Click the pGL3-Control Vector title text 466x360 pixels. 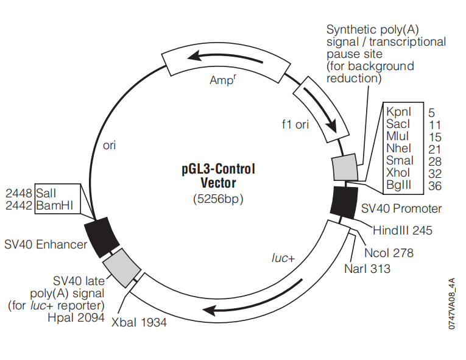click(219, 175)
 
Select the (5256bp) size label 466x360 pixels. click(218, 199)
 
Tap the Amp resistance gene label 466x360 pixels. click(223, 79)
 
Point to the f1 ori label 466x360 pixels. click(295, 124)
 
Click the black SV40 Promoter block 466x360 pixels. click(344, 202)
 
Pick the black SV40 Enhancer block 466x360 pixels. click(102, 237)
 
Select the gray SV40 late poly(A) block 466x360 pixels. click(122, 268)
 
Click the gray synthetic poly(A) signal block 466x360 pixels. click(345, 167)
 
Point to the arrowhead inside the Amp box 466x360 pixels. click(194, 55)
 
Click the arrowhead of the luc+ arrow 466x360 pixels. click(208, 311)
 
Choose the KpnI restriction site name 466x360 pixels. click(398, 111)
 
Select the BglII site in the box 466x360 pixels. click(398, 185)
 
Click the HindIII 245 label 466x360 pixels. click(403, 230)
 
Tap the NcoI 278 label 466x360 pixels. click(389, 253)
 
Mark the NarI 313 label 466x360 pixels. click(367, 269)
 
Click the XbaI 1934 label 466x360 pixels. click(139, 322)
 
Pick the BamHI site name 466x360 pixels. click(54, 205)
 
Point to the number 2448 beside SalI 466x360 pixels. click(19, 193)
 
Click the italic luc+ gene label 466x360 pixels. click(283, 258)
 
